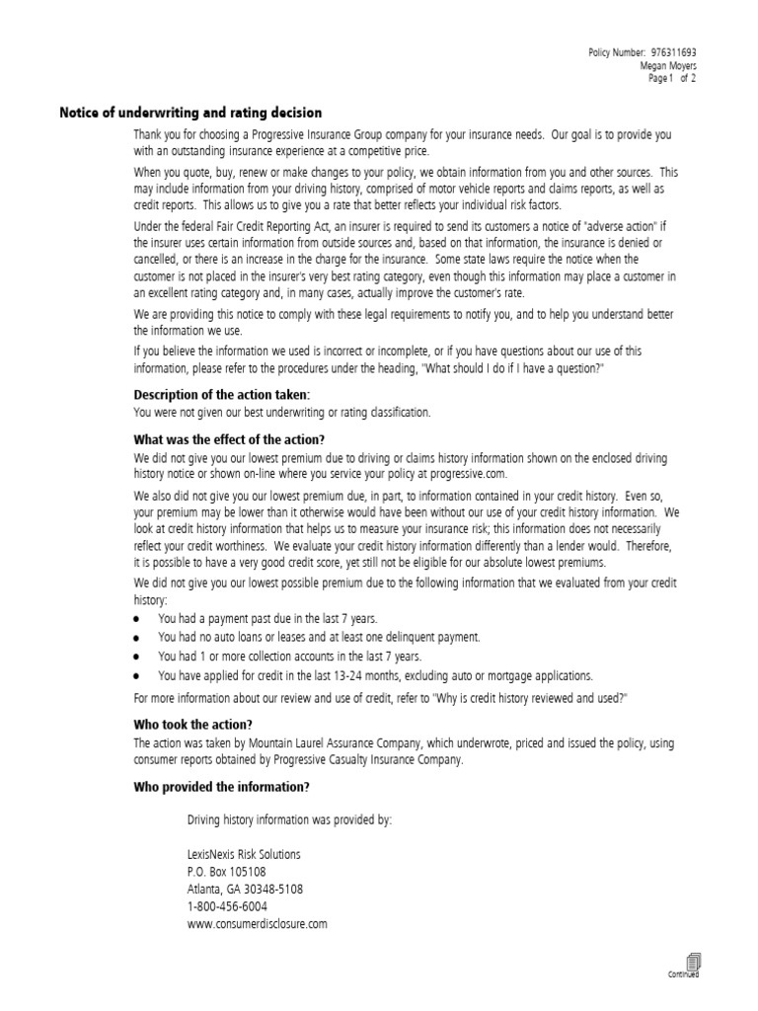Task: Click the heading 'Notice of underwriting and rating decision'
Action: pos(190,114)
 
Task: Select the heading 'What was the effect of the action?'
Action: pos(229,439)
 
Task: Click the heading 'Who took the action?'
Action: pos(192,724)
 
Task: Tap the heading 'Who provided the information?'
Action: pos(221,787)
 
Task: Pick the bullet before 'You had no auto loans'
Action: pos(137,638)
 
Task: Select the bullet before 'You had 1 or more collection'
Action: pos(137,657)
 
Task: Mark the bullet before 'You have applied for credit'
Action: pos(137,676)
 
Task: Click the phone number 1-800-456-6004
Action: pos(226,906)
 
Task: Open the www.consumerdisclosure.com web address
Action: pos(257,924)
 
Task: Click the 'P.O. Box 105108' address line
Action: pos(226,872)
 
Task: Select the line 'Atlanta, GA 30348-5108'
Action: pos(245,889)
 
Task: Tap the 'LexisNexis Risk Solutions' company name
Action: pos(244,854)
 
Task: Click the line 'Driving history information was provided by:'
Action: pos(289,818)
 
